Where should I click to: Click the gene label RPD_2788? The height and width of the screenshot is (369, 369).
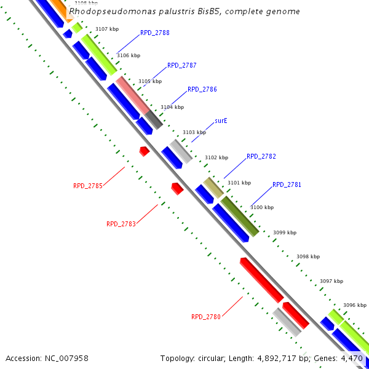(x=155, y=33)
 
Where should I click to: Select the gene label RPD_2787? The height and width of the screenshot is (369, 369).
(x=182, y=65)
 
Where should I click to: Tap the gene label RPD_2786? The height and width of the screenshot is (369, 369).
(x=202, y=89)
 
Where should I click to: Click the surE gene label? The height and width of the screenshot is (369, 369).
(x=221, y=121)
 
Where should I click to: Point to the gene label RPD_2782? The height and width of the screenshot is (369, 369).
(x=261, y=156)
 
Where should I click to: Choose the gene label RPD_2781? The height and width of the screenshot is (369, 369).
(x=287, y=184)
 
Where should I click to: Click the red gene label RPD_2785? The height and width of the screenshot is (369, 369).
(x=88, y=186)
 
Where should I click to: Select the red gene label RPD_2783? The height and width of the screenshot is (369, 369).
(x=121, y=224)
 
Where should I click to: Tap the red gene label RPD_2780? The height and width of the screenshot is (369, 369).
(x=205, y=317)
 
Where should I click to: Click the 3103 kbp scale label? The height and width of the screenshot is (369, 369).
(x=194, y=132)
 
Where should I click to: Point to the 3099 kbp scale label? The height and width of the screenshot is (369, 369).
(x=285, y=232)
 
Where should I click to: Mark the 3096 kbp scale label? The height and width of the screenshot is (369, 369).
(x=355, y=305)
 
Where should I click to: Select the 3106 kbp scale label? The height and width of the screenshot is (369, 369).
(x=129, y=55)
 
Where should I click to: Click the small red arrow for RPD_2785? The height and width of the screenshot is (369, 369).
(x=145, y=151)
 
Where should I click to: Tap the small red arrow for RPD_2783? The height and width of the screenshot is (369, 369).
(x=177, y=188)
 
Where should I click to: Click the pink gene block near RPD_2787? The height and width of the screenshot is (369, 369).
(x=132, y=95)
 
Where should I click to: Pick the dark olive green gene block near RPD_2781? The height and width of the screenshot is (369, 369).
(x=240, y=216)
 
